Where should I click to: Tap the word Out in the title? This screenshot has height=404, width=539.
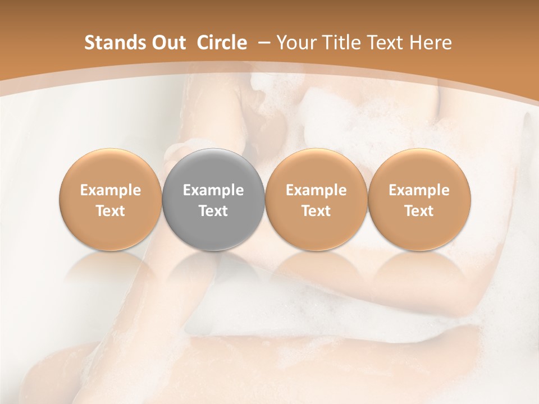(167, 43)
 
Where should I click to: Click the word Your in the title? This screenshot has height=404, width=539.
(295, 43)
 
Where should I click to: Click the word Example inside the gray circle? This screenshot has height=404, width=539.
(213, 190)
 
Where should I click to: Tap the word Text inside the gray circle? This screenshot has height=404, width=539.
(213, 211)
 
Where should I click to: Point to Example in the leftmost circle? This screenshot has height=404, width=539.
(111, 190)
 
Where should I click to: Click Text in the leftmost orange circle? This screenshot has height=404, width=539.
(111, 211)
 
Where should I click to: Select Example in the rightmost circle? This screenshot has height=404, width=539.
(419, 190)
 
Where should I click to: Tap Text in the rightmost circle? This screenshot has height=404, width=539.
(419, 211)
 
